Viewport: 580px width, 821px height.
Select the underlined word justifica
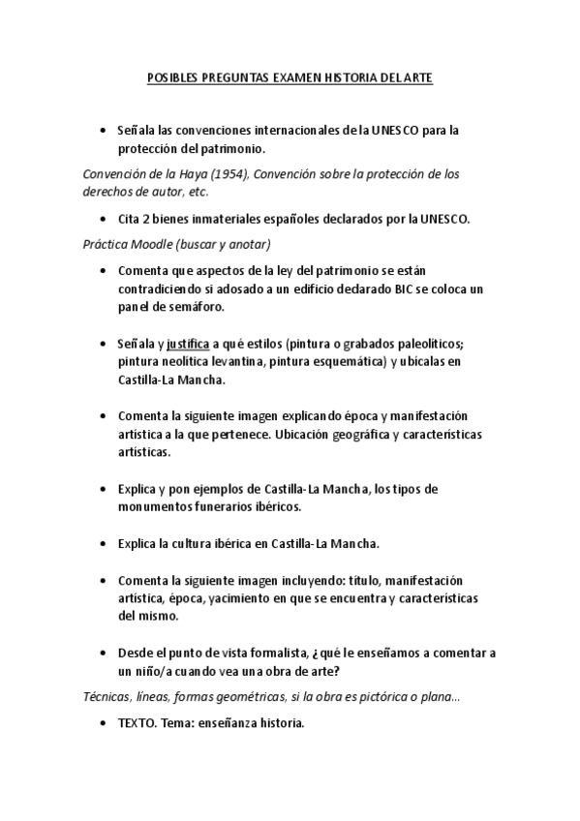[188, 342]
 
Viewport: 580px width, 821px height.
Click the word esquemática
[354, 361]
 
